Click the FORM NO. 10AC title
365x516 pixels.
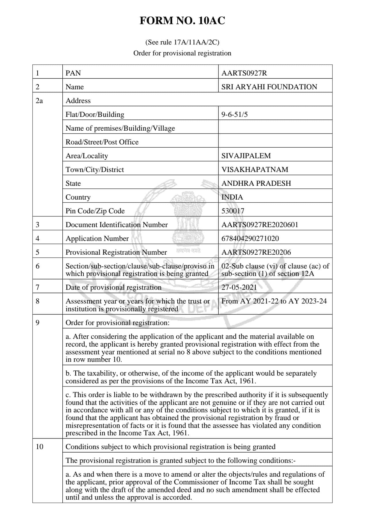pyautogui.click(x=182, y=21)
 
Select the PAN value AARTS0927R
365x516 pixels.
pyautogui.click(x=244, y=73)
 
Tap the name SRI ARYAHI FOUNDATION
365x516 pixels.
pyautogui.click(x=269, y=87)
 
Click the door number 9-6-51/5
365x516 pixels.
pyautogui.click(x=234, y=114)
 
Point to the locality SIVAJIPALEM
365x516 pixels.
pyautogui.click(x=246, y=156)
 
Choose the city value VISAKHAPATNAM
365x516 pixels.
pyautogui.click(x=255, y=169)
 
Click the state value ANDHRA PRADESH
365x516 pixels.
pyautogui.click(x=256, y=183)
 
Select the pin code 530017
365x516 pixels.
pyautogui.click(x=233, y=211)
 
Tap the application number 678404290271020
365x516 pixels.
pyautogui.click(x=250, y=238)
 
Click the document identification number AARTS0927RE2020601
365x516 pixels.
pyautogui.click(x=260, y=225)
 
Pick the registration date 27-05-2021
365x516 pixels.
pyautogui.click(x=239, y=287)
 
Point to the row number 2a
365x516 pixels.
pyautogui.click(x=39, y=101)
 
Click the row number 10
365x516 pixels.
pyautogui.click(x=39, y=447)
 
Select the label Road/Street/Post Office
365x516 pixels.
pyautogui.click(x=102, y=142)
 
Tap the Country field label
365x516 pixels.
pyautogui.click(x=78, y=197)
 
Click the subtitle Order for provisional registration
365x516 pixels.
pyautogui.click(x=182, y=53)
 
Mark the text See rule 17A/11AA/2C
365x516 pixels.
pyautogui.click(x=182, y=42)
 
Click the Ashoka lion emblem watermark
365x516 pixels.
pyautogui.click(x=188, y=218)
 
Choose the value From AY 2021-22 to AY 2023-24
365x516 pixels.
pyautogui.click(x=274, y=301)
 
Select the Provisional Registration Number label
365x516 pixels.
pyautogui.click(x=116, y=252)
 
